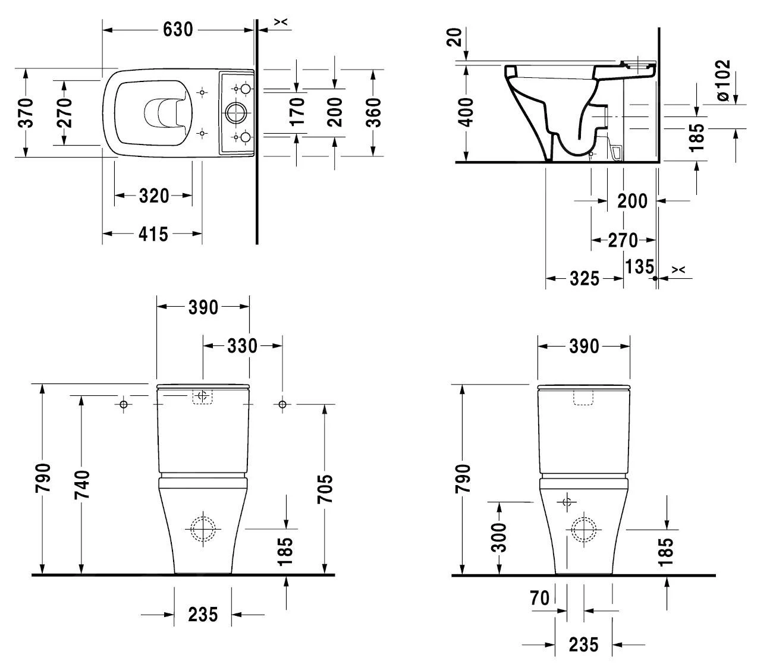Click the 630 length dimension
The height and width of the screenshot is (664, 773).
tap(178, 29)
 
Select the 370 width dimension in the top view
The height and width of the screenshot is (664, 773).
tap(26, 112)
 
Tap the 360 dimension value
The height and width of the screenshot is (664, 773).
tap(373, 112)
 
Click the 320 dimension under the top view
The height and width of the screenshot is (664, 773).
tap(153, 196)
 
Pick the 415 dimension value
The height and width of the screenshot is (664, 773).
tap(153, 235)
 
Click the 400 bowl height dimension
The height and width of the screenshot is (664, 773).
tap(467, 112)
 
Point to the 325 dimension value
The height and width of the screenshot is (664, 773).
tap(584, 278)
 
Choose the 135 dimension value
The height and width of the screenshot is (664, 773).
tap(639, 267)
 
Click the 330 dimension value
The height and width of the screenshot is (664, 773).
tap(242, 345)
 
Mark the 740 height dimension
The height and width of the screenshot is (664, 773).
tap(81, 484)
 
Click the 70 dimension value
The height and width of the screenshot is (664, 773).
tap(540, 598)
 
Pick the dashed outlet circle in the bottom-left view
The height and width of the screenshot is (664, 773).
tap(203, 528)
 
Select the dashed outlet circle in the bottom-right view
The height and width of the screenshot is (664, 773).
tap(583, 528)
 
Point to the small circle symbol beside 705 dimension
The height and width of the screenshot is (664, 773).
tap(282, 405)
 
